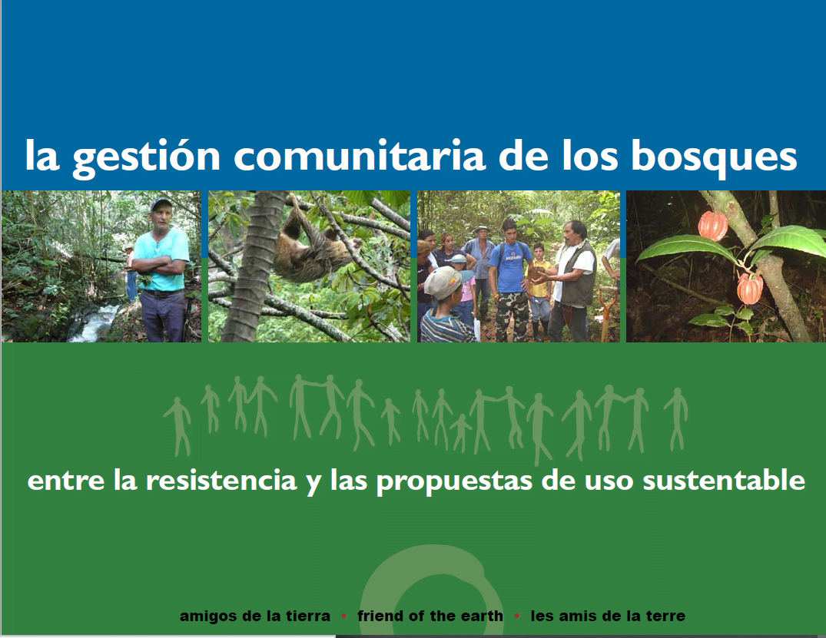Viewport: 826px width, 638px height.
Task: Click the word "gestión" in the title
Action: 146,157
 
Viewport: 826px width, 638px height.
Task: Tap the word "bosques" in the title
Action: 714,157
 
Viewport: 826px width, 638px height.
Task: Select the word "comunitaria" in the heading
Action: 359,156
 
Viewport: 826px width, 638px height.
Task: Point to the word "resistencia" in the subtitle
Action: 221,481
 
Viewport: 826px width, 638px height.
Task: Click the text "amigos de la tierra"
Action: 255,616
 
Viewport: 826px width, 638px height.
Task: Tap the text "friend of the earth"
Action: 430,616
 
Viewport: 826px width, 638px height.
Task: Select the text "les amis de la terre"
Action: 608,616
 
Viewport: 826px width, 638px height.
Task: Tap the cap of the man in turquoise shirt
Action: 160,203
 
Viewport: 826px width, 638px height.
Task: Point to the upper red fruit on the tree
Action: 713,225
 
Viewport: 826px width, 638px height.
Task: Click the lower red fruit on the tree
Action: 750,289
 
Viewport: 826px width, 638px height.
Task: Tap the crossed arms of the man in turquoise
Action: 159,266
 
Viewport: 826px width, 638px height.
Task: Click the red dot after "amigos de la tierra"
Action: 344,616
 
